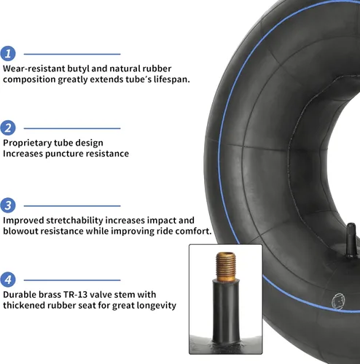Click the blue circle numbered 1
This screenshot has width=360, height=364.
8,54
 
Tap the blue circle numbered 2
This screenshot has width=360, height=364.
8,128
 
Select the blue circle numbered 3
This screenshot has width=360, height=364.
8,205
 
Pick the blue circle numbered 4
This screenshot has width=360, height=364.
8,280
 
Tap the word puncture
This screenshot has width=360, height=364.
64,154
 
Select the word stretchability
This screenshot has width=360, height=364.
74,221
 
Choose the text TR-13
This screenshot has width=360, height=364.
75,295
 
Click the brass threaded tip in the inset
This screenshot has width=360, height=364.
226,267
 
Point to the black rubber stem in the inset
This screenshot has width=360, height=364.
226,312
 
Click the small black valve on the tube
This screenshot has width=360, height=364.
351,240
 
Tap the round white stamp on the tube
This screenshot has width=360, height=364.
338,301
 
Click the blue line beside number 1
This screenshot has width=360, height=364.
72,54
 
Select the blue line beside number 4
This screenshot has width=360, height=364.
72,280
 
